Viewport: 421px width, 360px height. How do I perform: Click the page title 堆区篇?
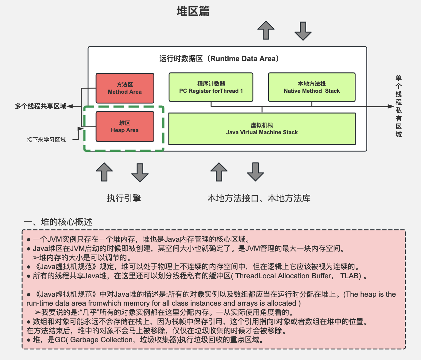(x=193, y=11)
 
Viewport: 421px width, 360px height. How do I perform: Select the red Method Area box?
(x=125, y=88)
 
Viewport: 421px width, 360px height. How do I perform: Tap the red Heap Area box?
(x=125, y=127)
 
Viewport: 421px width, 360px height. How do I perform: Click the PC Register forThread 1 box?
(x=211, y=87)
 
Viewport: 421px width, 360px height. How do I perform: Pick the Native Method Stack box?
(x=311, y=87)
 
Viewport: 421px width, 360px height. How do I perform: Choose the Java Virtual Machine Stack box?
(x=262, y=129)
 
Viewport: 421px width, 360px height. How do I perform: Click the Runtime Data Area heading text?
(x=219, y=59)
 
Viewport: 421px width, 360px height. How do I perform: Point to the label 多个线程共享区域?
(x=41, y=106)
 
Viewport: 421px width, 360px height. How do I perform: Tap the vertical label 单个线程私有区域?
(x=398, y=106)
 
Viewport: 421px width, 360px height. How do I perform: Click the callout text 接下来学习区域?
(x=46, y=140)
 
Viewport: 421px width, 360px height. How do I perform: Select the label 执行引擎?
(x=124, y=198)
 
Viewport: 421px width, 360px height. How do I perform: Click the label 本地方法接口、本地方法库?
(x=259, y=198)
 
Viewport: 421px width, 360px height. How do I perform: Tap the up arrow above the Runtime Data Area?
(x=266, y=30)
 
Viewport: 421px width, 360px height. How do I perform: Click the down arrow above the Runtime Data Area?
(x=303, y=31)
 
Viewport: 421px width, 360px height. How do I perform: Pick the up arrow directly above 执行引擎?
(x=104, y=172)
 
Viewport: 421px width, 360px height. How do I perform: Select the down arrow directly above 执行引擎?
(x=140, y=173)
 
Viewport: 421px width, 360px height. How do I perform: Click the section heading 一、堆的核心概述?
(x=58, y=222)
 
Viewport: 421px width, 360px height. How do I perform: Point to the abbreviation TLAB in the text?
(x=350, y=276)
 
